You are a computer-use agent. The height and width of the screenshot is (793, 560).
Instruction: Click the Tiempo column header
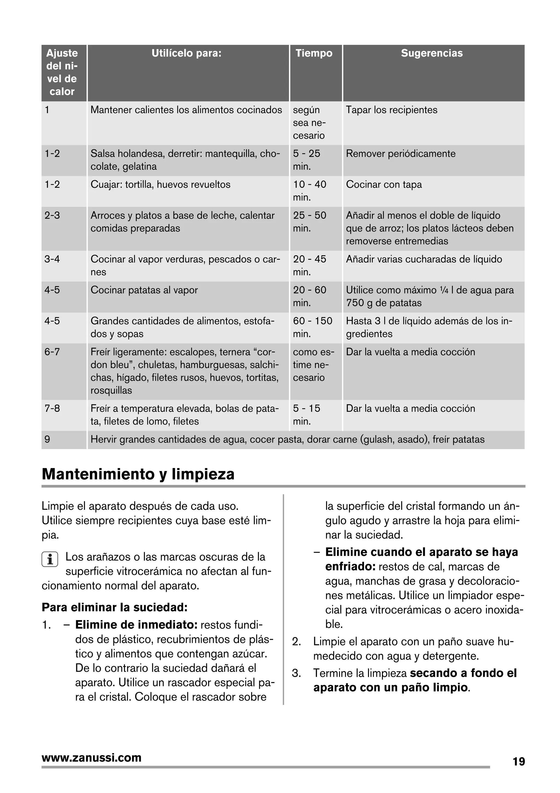click(314, 53)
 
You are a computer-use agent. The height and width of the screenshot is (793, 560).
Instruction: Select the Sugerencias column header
click(431, 53)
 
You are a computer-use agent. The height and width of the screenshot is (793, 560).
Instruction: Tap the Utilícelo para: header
click(186, 53)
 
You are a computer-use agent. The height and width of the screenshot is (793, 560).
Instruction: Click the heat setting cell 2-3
click(52, 215)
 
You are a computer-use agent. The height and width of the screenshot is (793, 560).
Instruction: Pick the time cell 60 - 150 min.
click(312, 327)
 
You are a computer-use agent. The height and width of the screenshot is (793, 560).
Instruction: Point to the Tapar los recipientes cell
click(391, 110)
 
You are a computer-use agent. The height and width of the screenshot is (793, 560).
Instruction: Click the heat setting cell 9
click(47, 439)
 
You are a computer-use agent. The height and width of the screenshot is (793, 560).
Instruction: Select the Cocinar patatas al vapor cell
click(144, 290)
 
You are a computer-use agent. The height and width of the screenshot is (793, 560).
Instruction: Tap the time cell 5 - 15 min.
click(307, 414)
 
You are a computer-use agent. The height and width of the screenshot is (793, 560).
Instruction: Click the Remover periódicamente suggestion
click(401, 154)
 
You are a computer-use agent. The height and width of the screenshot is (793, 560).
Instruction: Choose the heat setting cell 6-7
click(52, 352)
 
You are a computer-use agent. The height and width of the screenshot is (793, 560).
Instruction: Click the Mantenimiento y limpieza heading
click(138, 474)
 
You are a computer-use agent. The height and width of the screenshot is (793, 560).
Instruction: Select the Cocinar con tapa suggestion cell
click(384, 185)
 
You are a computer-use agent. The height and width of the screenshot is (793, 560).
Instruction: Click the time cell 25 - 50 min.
click(310, 221)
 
